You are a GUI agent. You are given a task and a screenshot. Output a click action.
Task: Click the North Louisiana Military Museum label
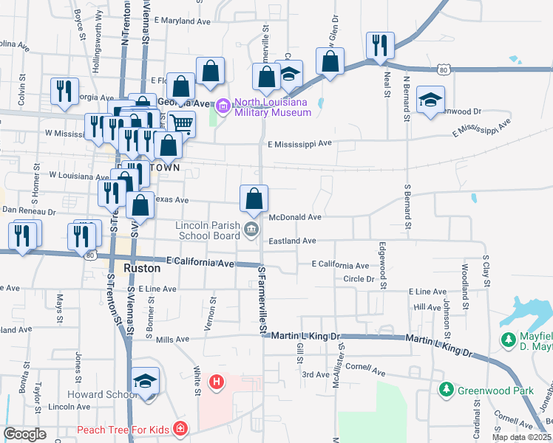coord(273,108)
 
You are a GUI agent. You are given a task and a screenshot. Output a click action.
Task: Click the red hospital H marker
coord(217,382)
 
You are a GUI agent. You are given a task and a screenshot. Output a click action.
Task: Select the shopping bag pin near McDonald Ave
coord(254,199)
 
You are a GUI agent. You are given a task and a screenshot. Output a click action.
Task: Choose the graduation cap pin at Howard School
coord(145,381)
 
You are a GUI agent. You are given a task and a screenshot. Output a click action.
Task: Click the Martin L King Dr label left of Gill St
coord(304,336)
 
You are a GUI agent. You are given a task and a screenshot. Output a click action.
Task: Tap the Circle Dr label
coord(358,279)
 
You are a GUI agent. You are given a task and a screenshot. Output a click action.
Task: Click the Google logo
coord(25,434)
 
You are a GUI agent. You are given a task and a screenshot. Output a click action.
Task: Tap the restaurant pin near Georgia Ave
coord(64,90)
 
